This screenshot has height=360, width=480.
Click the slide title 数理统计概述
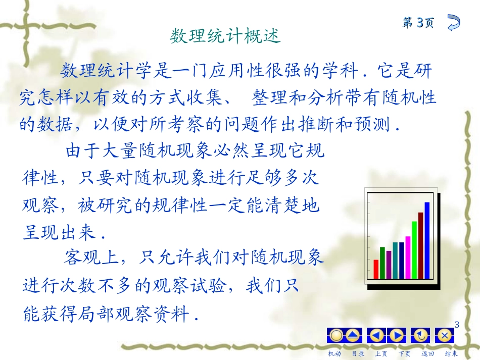[225, 36]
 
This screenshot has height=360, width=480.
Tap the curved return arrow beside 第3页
[453, 23]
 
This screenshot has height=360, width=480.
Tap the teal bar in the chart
[396, 260]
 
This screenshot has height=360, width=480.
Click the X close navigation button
[445, 335]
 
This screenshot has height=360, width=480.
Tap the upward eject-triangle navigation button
[353, 335]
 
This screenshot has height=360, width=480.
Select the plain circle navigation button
[336, 335]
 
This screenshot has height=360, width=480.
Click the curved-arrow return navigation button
[421, 335]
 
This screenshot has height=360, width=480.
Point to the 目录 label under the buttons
[358, 353]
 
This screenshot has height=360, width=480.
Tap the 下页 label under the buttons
[404, 353]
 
